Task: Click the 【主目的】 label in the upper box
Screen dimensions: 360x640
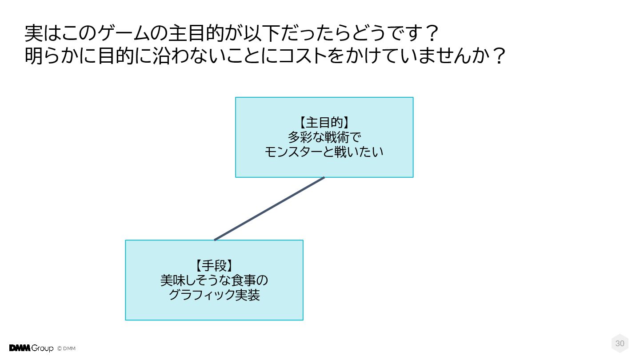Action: [x=324, y=123]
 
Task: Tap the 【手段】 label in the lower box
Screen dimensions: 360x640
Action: [x=214, y=266]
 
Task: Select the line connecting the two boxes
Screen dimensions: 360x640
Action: [x=269, y=209]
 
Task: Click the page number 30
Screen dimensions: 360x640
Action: [x=620, y=343]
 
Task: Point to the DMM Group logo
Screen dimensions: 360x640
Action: [x=31, y=348]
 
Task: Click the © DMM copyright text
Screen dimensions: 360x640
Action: [x=67, y=348]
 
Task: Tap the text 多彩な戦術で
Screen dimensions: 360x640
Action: [x=324, y=137]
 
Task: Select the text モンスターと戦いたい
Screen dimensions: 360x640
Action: [x=324, y=152]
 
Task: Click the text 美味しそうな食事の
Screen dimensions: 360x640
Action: [x=214, y=280]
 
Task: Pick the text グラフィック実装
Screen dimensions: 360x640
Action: [x=214, y=295]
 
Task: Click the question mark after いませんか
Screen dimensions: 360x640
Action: [x=499, y=56]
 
